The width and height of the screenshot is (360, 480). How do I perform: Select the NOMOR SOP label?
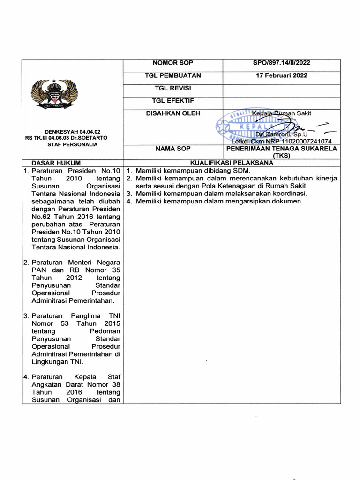172,63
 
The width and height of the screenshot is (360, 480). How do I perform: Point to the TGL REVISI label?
172,88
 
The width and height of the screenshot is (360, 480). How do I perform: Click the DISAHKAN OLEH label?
172,113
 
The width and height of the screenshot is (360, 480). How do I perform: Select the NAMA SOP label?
172,149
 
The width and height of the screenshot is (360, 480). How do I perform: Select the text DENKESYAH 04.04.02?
69,132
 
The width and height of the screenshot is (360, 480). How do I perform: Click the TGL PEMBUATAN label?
172,75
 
